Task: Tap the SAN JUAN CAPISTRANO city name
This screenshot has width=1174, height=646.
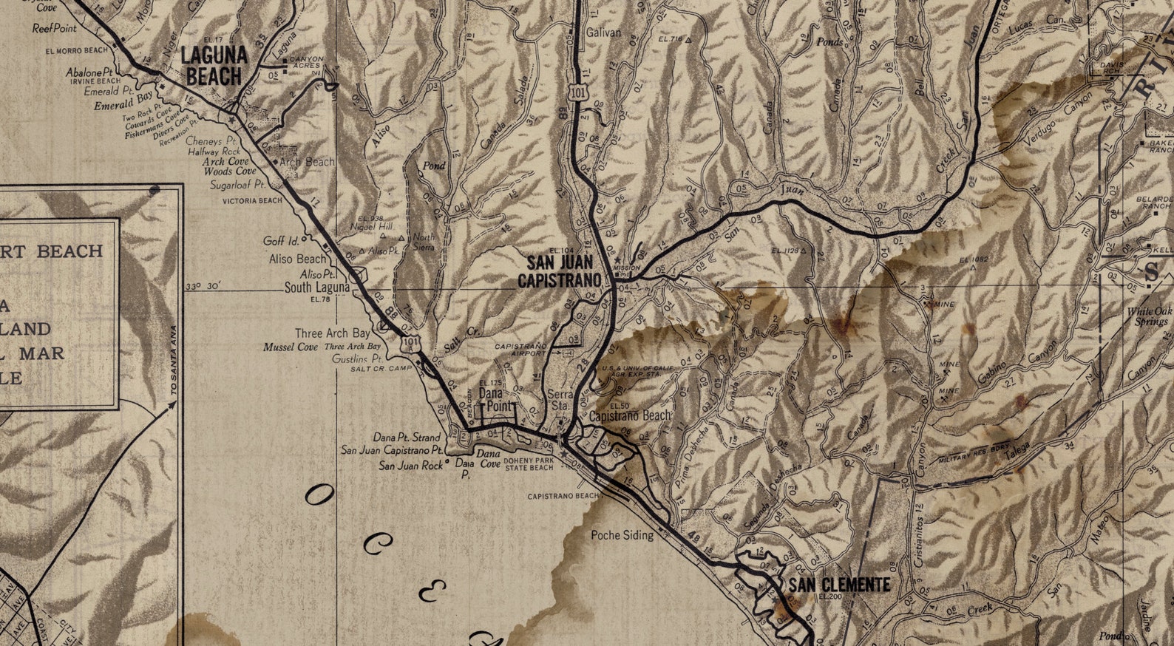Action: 559,271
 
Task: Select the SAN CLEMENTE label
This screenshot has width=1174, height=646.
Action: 838,585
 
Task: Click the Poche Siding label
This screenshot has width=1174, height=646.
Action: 622,535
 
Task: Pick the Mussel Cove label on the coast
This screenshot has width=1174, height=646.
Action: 291,347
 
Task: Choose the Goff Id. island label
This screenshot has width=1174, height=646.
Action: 281,241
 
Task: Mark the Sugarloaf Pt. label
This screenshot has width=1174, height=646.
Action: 237,184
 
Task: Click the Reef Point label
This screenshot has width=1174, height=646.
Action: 55,29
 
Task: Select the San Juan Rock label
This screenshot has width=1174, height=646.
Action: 411,466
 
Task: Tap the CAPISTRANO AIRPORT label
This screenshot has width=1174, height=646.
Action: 520,349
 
